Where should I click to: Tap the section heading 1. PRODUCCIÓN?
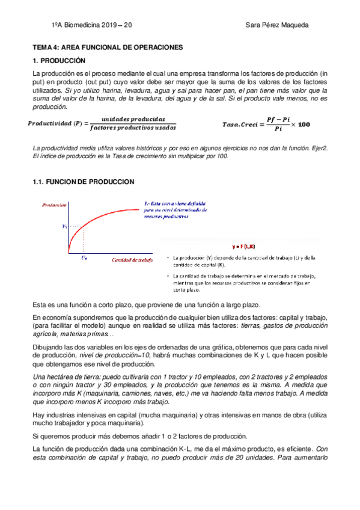59,61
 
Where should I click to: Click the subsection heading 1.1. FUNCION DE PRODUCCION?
83,182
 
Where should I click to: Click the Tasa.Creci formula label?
239,124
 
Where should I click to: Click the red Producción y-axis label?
55,204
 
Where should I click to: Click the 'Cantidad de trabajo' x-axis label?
133,259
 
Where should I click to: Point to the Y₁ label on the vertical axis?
66,226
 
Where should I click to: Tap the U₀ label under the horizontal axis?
84,257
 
